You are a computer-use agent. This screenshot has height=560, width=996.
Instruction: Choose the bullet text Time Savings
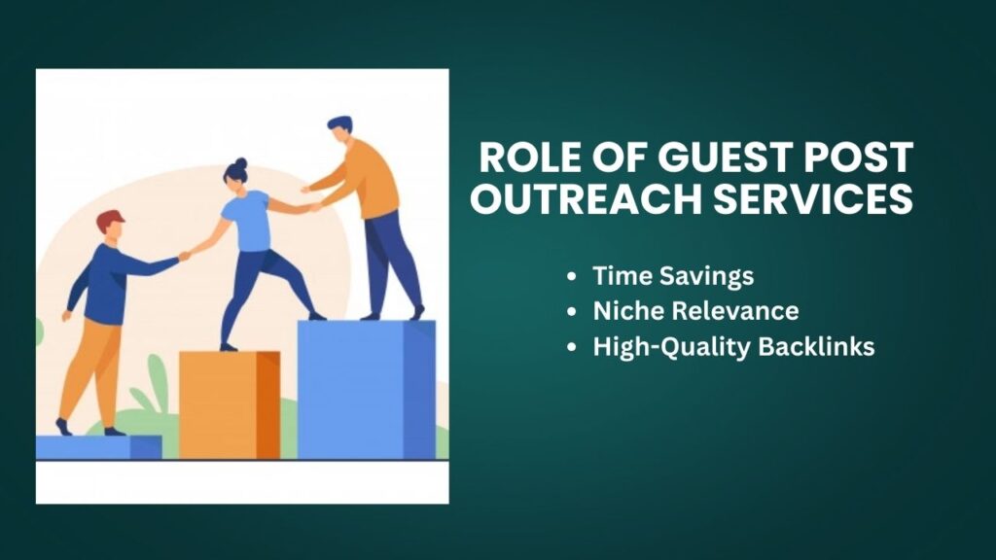pyautogui.click(x=673, y=276)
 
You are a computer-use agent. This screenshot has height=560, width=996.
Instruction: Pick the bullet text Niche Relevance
pyautogui.click(x=695, y=311)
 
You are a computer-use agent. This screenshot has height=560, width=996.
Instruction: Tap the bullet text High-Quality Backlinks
pyautogui.click(x=733, y=347)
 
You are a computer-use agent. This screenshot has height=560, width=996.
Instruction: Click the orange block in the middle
pyautogui.click(x=230, y=404)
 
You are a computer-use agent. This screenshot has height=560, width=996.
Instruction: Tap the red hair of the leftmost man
pyautogui.click(x=110, y=219)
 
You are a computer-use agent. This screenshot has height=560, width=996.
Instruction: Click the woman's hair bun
pyautogui.click(x=240, y=163)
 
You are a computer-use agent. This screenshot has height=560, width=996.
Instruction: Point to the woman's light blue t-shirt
pyautogui.click(x=247, y=220)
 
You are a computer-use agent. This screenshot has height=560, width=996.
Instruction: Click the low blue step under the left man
pyautogui.click(x=97, y=446)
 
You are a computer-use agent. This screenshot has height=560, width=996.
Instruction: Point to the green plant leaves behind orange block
pyautogui.click(x=156, y=389)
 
